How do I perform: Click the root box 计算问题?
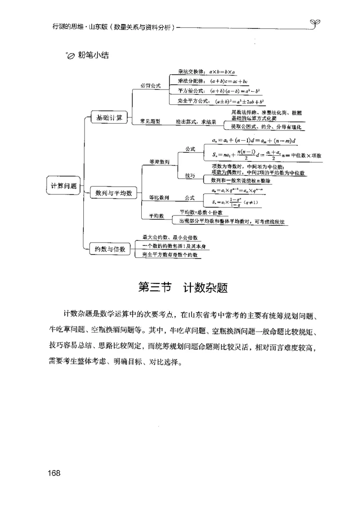point(63,185)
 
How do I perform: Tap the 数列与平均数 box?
point(113,193)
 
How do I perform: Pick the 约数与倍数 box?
point(109,248)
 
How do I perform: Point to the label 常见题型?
point(150,121)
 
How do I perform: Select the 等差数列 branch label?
point(159,162)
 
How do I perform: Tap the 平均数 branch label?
point(156,216)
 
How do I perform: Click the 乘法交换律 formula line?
point(204,72)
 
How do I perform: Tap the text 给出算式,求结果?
point(196,121)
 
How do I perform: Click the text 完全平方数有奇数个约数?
point(170,255)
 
